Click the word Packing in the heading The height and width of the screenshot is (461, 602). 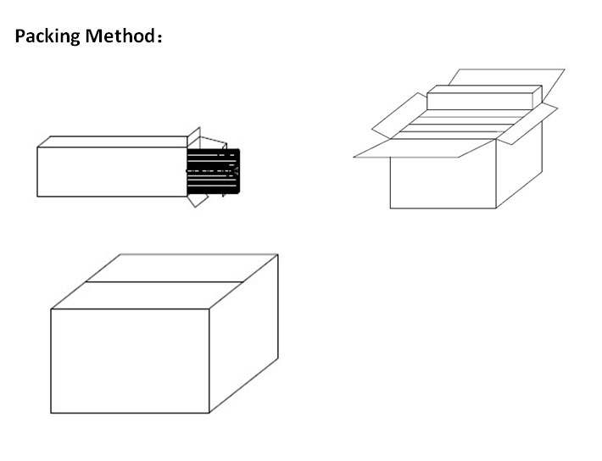click(47, 36)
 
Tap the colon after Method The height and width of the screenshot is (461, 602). click(159, 38)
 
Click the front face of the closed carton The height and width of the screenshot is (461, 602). click(130, 360)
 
